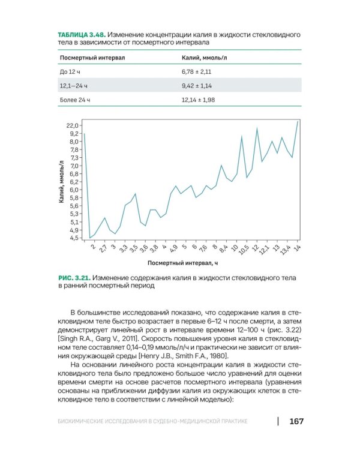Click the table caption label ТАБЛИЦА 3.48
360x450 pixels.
point(82,35)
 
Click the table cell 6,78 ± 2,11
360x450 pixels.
point(197,71)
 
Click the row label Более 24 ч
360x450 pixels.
point(74,100)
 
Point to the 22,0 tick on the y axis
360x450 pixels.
point(72,125)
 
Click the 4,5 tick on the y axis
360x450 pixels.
point(73,238)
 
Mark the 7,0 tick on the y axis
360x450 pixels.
point(73,166)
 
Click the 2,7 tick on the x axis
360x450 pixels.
point(103,248)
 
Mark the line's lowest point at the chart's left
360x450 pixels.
point(90,238)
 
